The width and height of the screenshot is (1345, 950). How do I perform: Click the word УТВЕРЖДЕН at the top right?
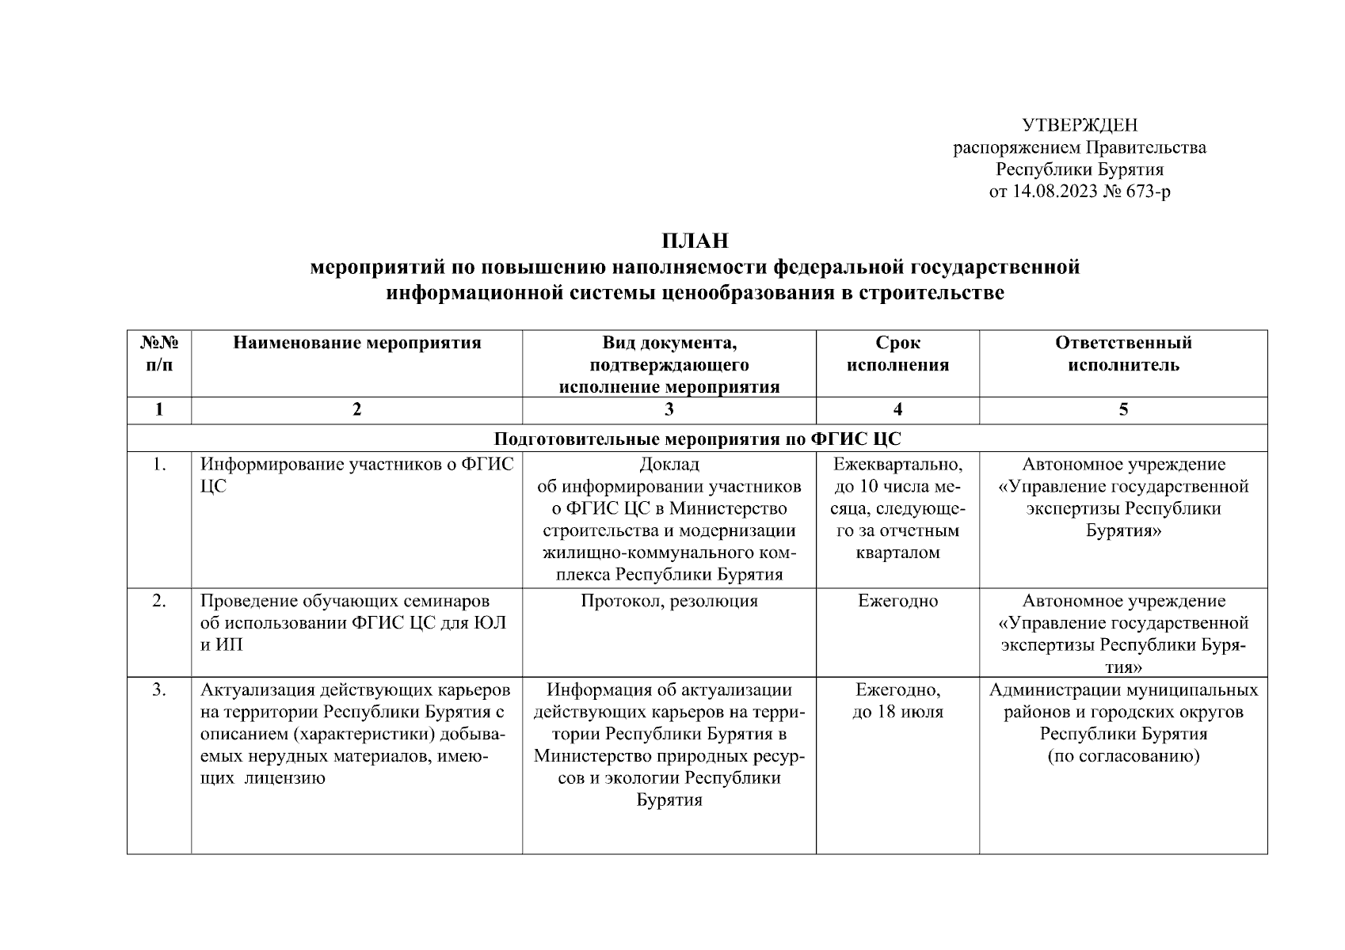[1079, 125]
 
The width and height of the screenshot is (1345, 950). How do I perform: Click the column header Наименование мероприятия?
[356, 343]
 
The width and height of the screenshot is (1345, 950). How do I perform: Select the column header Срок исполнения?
[897, 354]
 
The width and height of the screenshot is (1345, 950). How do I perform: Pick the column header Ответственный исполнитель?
[1122, 354]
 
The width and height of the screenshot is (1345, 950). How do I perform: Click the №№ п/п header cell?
[159, 354]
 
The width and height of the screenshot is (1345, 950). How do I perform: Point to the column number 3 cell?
[669, 409]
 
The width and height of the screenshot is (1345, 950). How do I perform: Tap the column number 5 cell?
[1122, 409]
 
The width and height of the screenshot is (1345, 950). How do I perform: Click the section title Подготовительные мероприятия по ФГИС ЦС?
[697, 439]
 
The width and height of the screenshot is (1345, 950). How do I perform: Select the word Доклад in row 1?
[669, 465]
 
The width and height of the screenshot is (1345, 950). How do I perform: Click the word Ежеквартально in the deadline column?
[897, 465]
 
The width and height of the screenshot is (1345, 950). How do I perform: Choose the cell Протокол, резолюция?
[669, 601]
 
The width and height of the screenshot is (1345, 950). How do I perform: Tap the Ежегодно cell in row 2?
[897, 601]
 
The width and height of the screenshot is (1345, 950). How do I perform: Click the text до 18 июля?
[897, 712]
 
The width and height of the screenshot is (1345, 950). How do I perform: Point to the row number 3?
[159, 690]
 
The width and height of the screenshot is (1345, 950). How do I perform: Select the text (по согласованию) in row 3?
[1122, 756]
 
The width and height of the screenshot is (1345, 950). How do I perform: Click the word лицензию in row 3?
[286, 778]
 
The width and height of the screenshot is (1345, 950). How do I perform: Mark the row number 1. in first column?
[159, 465]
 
